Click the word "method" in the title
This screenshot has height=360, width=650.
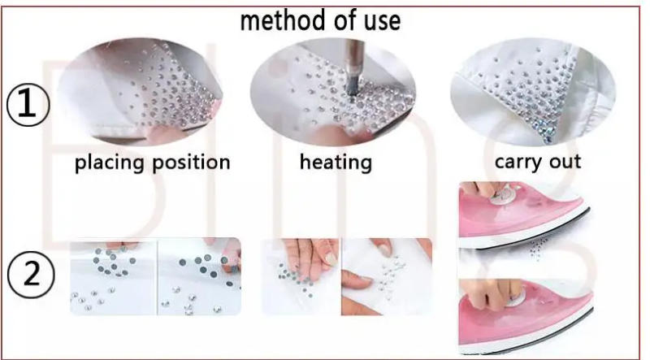click(282, 19)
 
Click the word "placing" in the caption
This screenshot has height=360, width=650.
click(115, 163)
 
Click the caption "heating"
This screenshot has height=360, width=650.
click(336, 162)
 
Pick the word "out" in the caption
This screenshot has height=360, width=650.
click(564, 161)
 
